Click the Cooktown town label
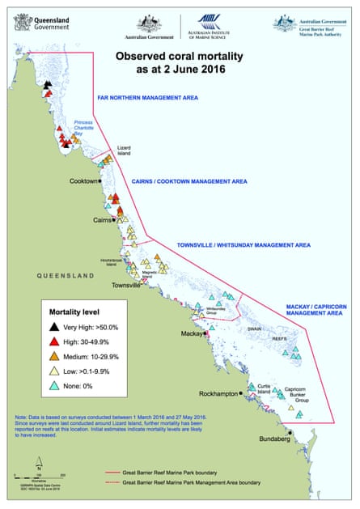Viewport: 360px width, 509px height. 84,180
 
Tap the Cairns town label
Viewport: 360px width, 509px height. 101,219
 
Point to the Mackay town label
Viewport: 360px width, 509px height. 191,333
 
